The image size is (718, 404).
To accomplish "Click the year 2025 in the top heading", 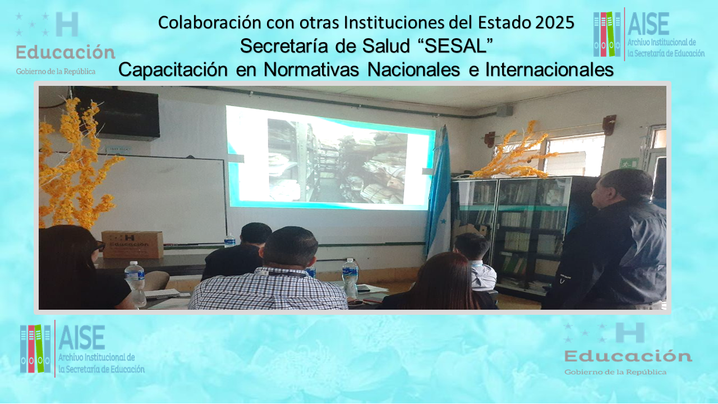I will (555, 22).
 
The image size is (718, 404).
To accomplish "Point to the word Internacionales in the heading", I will (549, 70).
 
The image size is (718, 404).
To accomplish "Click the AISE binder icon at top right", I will (607, 34).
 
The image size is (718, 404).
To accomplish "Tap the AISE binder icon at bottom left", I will (35, 348).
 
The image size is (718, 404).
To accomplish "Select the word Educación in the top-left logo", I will (66, 52).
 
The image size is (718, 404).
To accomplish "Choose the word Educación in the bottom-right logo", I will (628, 356).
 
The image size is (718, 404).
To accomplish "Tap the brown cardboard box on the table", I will (132, 244).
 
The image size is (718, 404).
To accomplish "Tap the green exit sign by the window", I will (629, 163).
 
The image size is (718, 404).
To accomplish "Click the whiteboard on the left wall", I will (163, 199).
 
